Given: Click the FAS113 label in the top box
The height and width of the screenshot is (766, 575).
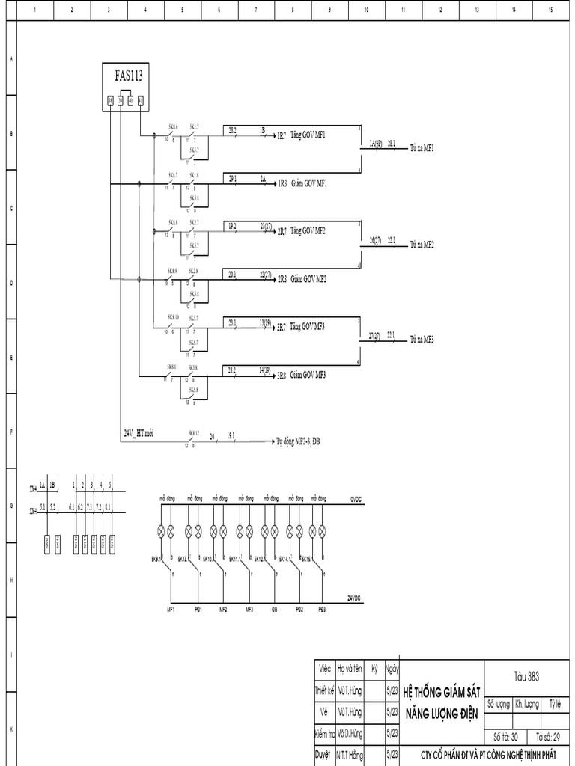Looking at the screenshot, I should click(x=128, y=75).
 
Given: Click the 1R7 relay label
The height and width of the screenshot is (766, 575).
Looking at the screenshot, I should click(x=282, y=136).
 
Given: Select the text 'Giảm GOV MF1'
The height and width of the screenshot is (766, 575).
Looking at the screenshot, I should click(x=309, y=183).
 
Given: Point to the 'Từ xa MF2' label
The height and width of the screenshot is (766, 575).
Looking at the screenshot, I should click(x=422, y=245).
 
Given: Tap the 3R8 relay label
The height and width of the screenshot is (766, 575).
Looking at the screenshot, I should click(x=282, y=375).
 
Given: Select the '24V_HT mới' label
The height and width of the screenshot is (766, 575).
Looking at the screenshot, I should click(x=139, y=433).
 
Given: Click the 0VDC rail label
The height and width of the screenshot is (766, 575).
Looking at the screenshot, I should click(x=356, y=497).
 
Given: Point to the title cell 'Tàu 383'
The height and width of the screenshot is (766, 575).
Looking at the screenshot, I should click(x=526, y=676).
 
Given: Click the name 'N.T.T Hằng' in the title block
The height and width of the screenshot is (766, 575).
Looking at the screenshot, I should click(x=350, y=756).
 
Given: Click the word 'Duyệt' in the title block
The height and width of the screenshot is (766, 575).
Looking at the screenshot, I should click(x=323, y=756).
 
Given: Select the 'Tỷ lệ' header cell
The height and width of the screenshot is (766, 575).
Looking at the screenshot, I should click(x=555, y=704).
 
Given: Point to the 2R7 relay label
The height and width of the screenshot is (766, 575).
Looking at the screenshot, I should click(x=282, y=232).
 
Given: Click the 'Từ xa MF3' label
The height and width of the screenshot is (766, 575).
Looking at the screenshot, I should click(x=422, y=340).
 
